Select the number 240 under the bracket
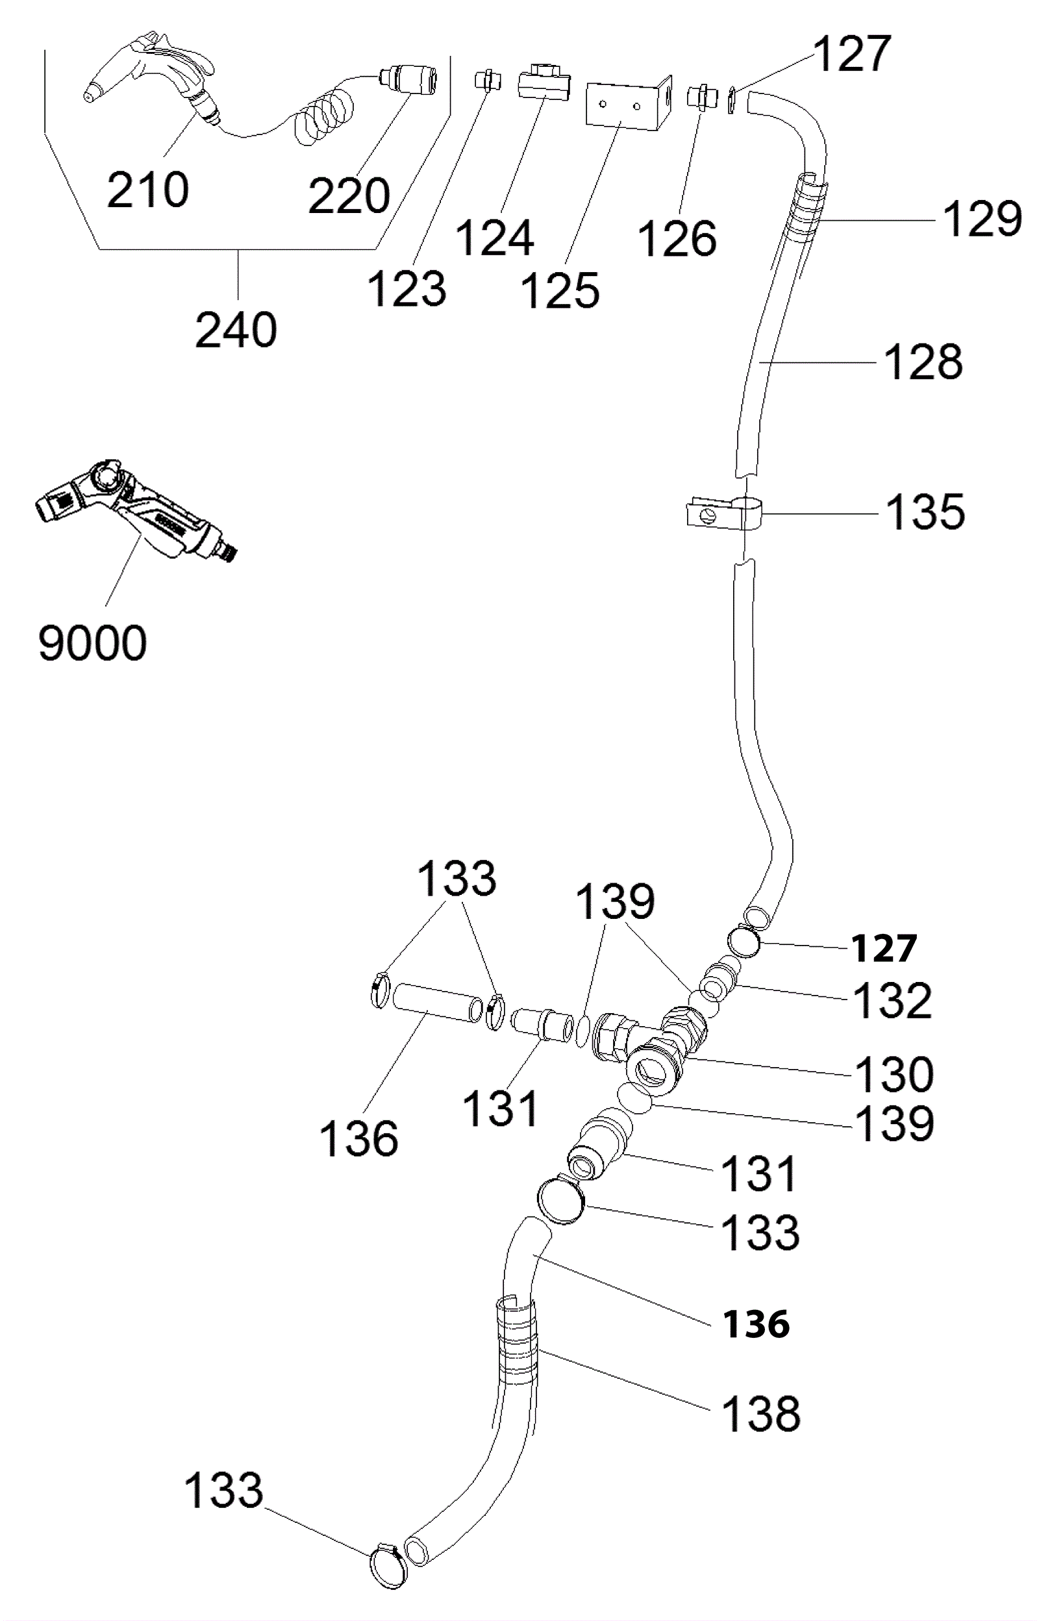pos(236,330)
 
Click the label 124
pos(495,238)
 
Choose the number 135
pos(925,512)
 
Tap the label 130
pos(894,1075)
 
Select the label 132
pos(893,1000)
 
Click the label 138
pos(761,1414)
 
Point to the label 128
pos(923,362)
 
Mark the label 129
pos(983,220)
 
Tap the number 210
pos(148,190)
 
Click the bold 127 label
pos(884,948)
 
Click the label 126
pos(677,240)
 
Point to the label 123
pos(407,289)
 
